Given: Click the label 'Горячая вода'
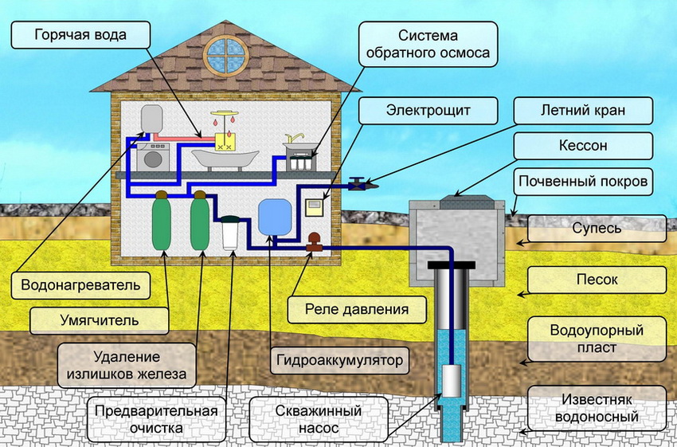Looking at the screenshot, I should point(80,35).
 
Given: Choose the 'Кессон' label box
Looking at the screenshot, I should point(583,147).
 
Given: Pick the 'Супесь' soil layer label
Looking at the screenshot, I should point(597,228).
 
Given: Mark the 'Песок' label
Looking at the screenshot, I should point(597,280).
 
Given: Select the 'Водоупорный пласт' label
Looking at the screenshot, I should point(597,337).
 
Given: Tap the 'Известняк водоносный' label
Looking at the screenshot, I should point(597,406).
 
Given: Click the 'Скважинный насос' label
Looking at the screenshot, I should point(319,420).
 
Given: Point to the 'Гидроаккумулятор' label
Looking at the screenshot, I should point(340,360).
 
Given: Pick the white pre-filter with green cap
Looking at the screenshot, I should point(232,233).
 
